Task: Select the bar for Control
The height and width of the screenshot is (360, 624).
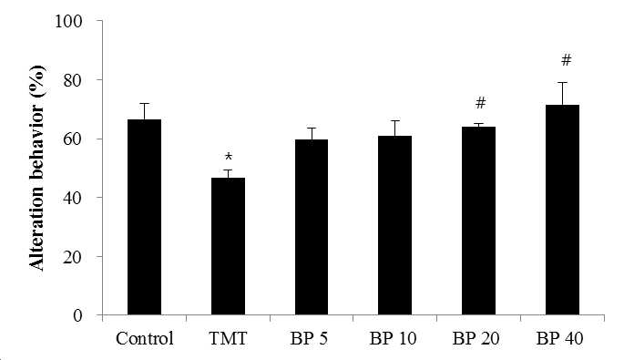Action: click(145, 217)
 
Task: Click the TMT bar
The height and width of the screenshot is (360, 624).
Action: click(228, 246)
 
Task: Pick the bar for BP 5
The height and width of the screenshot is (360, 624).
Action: click(312, 227)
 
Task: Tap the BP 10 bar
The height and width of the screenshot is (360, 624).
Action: click(394, 225)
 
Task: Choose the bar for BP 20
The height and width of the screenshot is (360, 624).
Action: click(479, 221)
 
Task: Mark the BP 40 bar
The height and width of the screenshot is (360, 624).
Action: click(562, 210)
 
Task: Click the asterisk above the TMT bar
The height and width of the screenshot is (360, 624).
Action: click(229, 157)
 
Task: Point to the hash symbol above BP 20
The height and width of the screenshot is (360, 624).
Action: click(481, 103)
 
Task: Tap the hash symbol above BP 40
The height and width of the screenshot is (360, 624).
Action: click(566, 60)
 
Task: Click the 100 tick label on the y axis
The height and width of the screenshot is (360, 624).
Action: click(68, 21)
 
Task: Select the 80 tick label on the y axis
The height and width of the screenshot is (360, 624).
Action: click(73, 80)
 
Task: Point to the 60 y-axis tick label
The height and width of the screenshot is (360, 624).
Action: click(73, 139)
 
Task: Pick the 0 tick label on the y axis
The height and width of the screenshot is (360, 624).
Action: click(78, 315)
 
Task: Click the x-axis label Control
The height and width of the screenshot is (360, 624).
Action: click(145, 338)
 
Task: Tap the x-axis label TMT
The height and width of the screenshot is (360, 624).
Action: click(228, 338)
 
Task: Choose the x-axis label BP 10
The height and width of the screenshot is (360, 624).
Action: click(393, 338)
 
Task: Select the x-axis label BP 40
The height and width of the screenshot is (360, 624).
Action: click(559, 338)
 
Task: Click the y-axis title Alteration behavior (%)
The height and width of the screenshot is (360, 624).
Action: click(37, 169)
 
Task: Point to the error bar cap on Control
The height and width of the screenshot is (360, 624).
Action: click(145, 104)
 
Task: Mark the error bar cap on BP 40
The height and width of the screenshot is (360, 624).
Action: click(562, 82)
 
